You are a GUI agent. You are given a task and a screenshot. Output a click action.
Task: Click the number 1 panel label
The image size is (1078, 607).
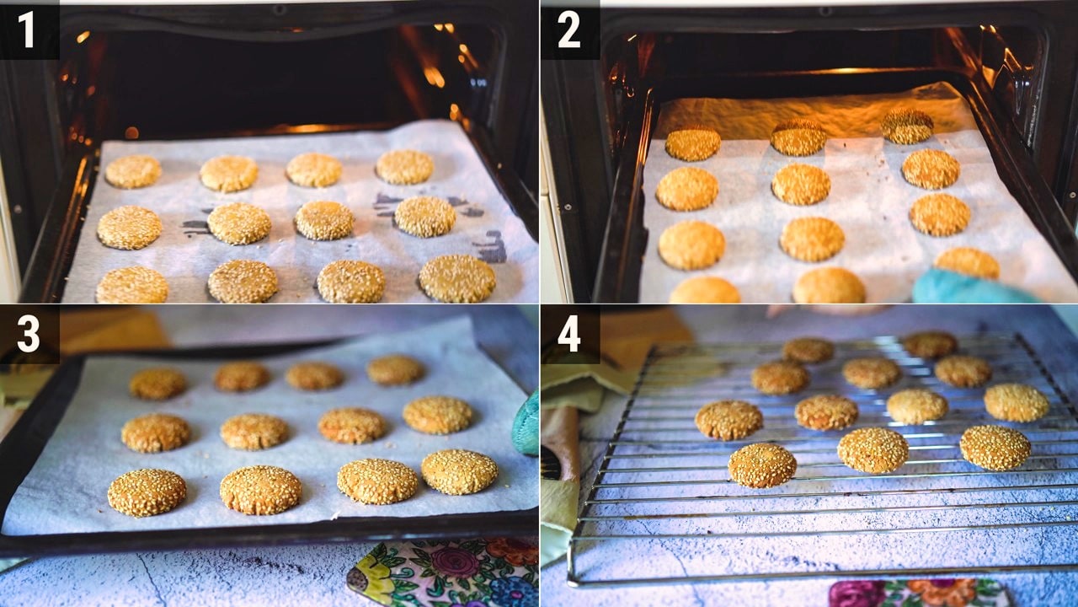[x=26, y=30]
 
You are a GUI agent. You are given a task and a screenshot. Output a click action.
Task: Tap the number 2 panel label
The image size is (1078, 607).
[x=569, y=30]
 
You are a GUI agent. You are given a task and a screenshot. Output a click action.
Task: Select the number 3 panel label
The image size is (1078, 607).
[x=29, y=335]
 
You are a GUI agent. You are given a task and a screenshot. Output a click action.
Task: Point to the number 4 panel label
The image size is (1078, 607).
[x=569, y=335]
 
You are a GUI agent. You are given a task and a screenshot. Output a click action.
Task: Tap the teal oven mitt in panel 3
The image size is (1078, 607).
[x=526, y=424]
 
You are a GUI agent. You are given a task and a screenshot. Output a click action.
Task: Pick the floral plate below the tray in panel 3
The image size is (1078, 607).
[x=443, y=573]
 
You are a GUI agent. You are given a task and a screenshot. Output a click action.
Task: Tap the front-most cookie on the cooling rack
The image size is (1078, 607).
[x=762, y=465]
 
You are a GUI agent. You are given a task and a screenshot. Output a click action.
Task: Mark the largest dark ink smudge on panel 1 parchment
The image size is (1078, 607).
[x=491, y=245]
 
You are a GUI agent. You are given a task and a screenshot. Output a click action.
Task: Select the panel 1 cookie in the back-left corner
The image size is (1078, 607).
[x=133, y=171]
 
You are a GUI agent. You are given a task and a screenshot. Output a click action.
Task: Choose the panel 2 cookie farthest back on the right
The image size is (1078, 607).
[x=907, y=126]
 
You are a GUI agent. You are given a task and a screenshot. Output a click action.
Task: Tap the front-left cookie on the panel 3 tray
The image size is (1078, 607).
[x=147, y=492]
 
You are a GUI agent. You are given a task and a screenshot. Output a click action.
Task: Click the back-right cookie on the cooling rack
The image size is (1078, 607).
[x=930, y=345]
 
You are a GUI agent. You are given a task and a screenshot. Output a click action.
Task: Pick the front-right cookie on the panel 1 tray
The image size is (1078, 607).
[x=457, y=278]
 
